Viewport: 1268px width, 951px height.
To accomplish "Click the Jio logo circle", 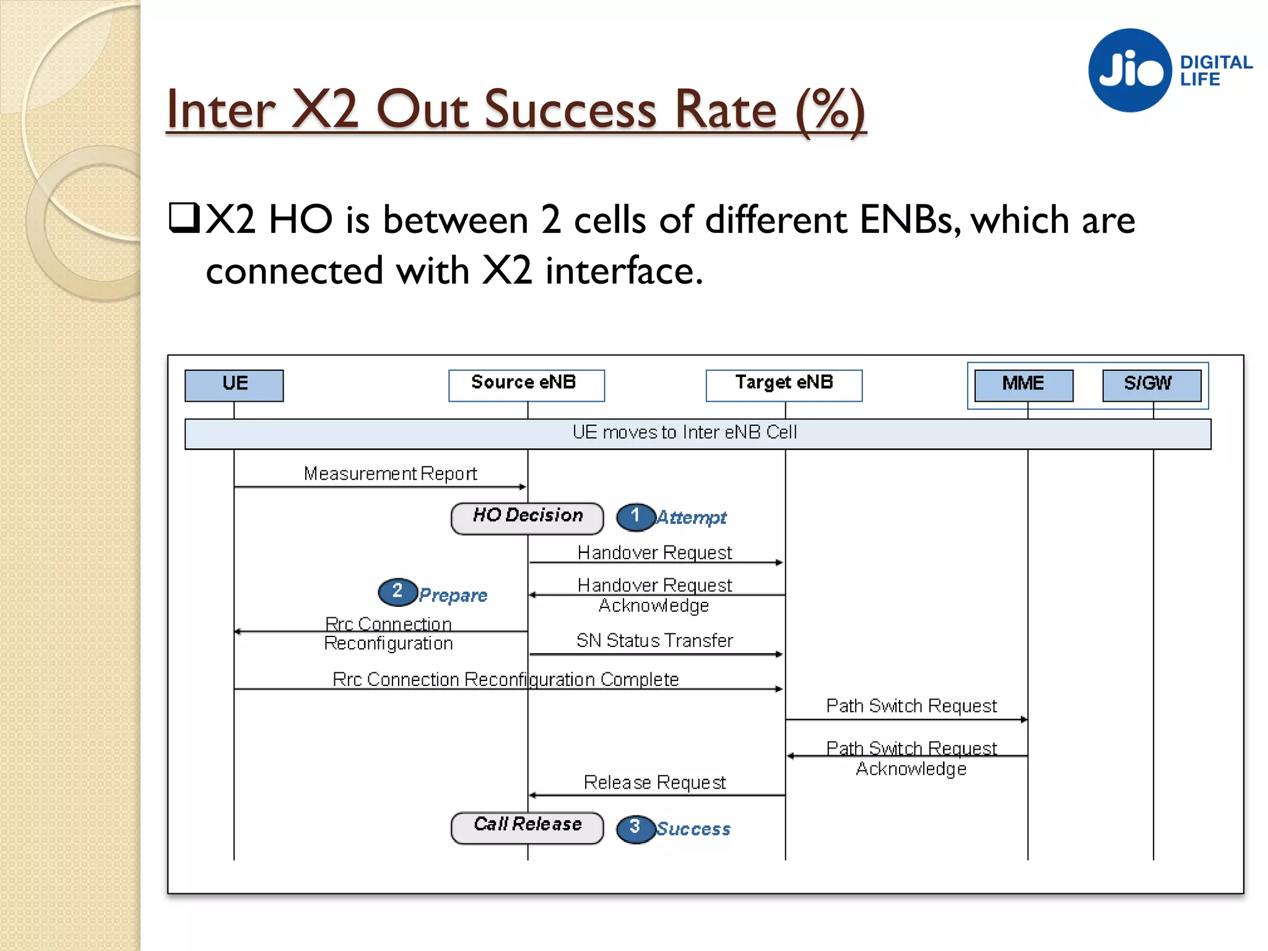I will (1129, 70).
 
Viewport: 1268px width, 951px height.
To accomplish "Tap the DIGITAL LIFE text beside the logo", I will (1215, 71).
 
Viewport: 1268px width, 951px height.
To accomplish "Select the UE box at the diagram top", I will (234, 385).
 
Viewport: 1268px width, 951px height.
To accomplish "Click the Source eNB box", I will (526, 385).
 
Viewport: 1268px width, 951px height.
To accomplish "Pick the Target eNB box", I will (784, 385).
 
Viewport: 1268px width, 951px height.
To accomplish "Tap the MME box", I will (1023, 385).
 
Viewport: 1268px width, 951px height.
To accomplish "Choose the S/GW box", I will (1152, 385).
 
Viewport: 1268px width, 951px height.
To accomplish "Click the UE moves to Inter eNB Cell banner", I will (697, 433).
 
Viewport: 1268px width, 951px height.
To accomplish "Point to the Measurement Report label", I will (390, 474).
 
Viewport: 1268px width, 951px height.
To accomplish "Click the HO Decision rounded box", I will (528, 518).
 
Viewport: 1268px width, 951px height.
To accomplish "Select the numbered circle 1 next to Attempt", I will (635, 516).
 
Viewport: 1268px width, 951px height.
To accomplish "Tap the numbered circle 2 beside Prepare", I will (397, 591).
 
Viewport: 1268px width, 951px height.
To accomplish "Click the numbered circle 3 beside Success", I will (635, 828).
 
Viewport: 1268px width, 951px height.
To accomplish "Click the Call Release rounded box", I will (528, 827).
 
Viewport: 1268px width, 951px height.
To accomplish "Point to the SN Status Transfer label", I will (654, 640).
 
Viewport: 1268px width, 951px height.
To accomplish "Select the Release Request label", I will (654, 782).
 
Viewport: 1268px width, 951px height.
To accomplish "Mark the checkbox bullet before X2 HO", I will (184, 217).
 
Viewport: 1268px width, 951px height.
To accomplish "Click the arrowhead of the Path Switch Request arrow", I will (1024, 719).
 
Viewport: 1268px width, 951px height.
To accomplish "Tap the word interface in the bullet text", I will (623, 271).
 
